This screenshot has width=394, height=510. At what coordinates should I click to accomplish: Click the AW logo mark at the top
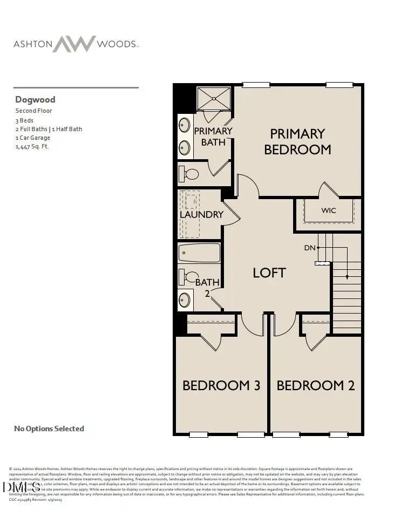74,44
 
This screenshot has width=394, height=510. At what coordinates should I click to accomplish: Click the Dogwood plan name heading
35,99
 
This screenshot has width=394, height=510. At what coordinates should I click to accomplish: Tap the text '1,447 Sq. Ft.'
32,146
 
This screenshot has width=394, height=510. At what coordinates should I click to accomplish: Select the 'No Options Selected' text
49,429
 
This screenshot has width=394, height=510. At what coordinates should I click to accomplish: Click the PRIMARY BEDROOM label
297,141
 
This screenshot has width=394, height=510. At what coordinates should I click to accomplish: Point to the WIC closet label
329,210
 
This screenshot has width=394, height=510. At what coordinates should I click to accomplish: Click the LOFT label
269,273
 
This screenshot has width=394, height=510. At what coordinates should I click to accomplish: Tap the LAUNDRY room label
201,214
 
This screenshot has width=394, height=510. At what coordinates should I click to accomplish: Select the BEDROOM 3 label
221,385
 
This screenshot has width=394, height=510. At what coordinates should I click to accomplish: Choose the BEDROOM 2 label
316,385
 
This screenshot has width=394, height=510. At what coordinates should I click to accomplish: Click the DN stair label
309,248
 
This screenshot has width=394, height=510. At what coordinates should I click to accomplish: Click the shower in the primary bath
213,99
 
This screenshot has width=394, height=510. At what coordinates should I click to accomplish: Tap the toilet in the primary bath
189,174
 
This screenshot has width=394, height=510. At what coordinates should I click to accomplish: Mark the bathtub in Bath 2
199,252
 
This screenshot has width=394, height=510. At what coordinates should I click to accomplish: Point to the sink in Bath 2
185,300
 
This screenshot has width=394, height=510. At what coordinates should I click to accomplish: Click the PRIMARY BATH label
213,136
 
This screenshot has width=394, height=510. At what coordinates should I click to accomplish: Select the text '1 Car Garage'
32,138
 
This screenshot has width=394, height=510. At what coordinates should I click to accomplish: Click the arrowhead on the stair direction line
347,277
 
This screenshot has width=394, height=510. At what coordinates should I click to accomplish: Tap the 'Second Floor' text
33,111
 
